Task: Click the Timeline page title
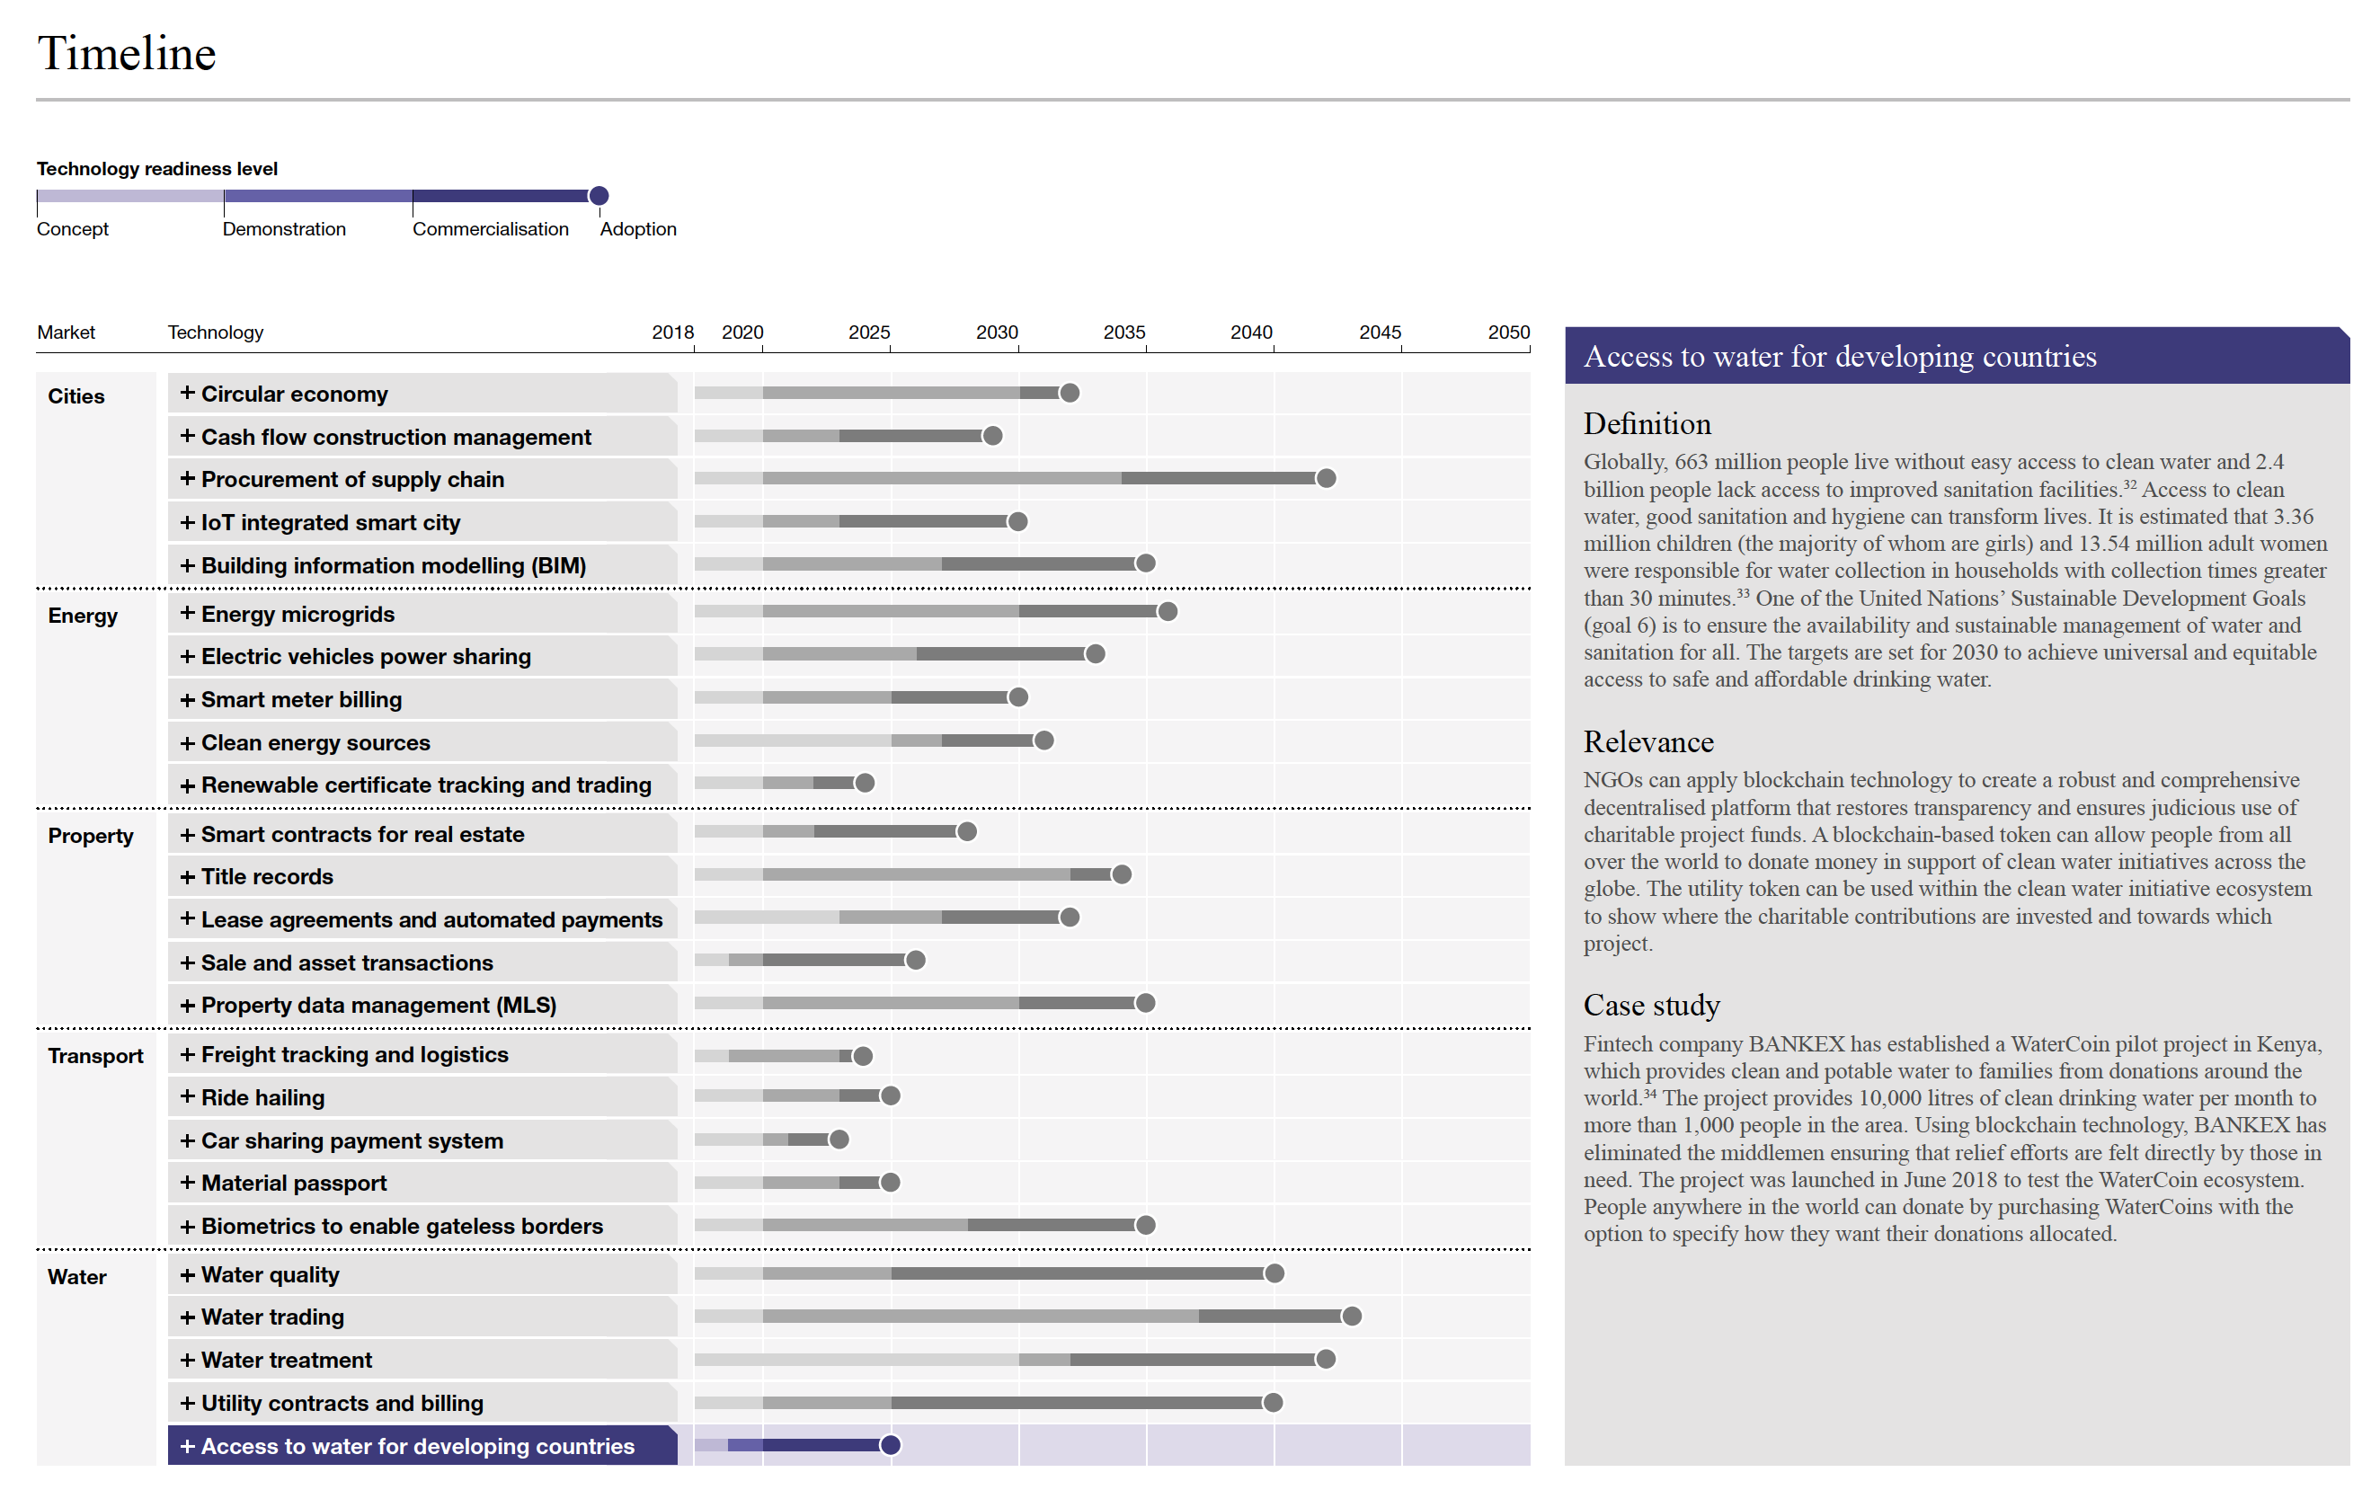tap(126, 53)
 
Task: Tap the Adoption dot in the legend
tap(599, 196)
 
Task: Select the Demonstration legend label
tap(284, 228)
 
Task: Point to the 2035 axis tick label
tap(1123, 333)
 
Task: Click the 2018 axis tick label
tap(672, 333)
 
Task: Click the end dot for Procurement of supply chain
tap(1327, 479)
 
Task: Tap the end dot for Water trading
tap(1352, 1317)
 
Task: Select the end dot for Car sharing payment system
tap(839, 1140)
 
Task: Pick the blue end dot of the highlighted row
tap(890, 1446)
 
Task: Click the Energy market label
tap(83, 616)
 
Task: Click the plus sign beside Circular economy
tap(187, 394)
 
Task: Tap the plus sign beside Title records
tap(187, 876)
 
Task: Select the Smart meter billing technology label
tap(302, 700)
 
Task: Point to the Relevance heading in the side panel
tap(1647, 742)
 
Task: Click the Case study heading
tap(1651, 1005)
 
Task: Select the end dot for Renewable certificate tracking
tap(865, 784)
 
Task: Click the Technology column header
tap(215, 333)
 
